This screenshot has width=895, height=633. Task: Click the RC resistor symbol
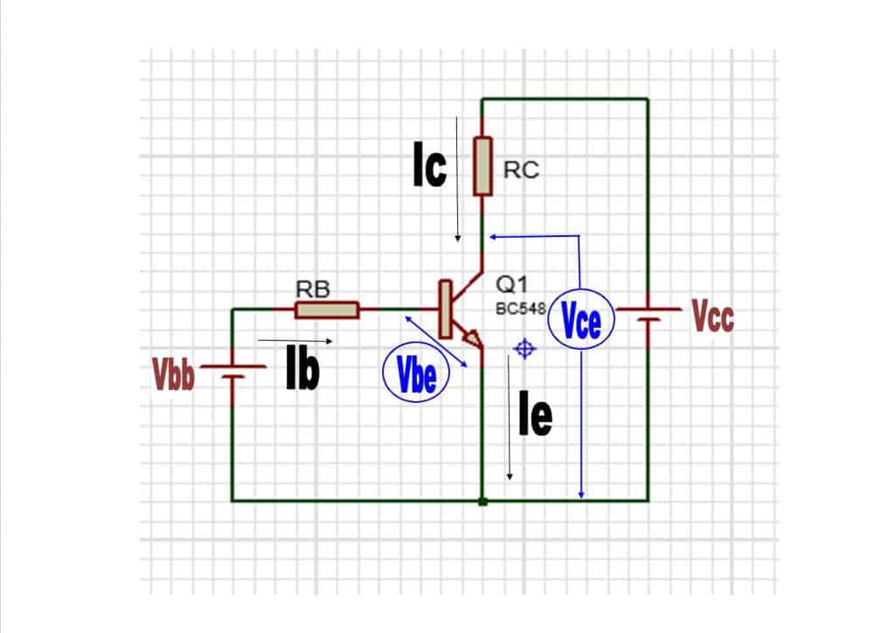(x=482, y=166)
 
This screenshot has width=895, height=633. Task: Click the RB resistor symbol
(x=327, y=310)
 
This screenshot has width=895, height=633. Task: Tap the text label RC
(x=522, y=171)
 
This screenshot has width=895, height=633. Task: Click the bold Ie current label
(x=534, y=417)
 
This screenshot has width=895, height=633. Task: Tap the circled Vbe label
(x=415, y=376)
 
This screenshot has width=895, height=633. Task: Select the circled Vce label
(x=581, y=323)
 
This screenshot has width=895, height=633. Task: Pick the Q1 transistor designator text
(x=509, y=284)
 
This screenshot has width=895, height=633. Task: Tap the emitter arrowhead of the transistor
(x=473, y=338)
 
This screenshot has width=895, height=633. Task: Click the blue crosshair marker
(x=524, y=349)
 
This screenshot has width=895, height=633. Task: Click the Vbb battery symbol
(x=232, y=372)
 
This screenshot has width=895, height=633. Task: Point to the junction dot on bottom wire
(x=482, y=501)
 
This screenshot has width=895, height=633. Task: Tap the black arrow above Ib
(x=295, y=340)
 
